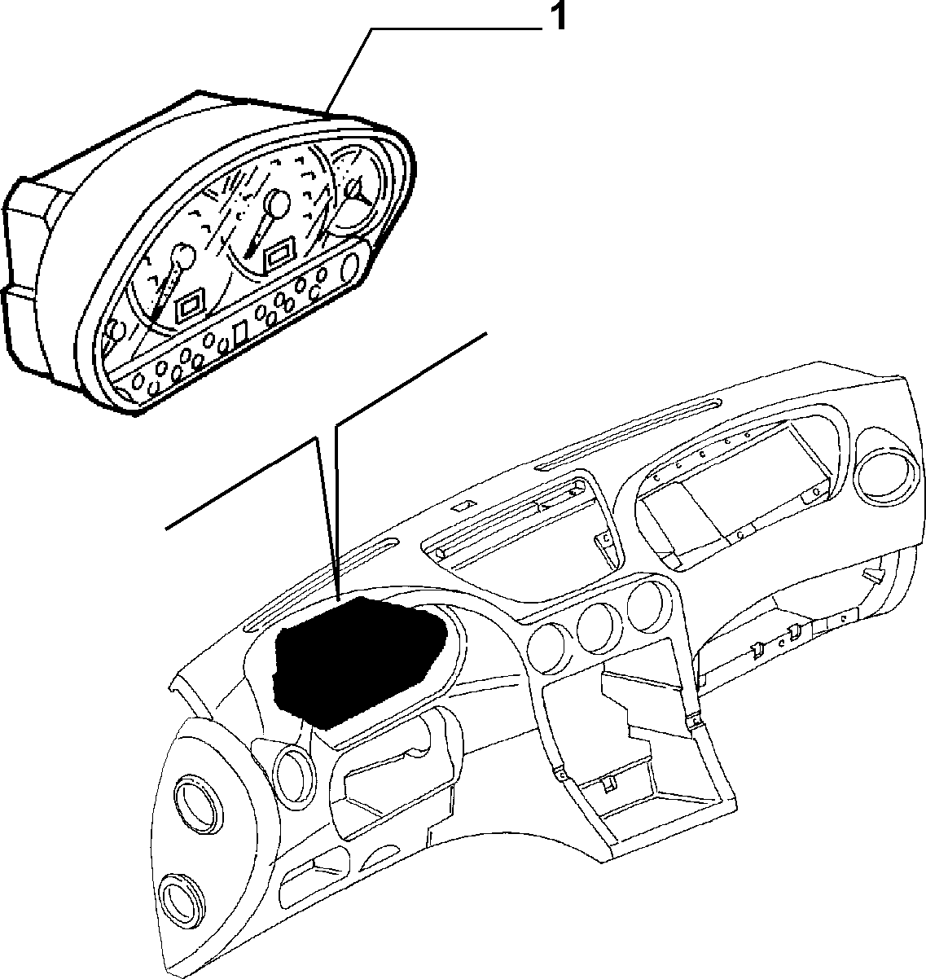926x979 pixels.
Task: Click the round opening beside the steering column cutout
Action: tap(295, 770)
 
